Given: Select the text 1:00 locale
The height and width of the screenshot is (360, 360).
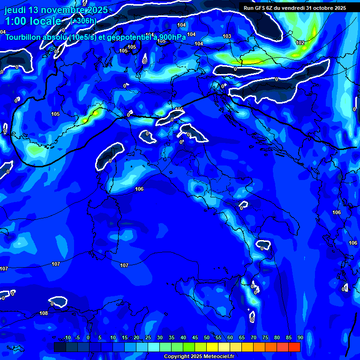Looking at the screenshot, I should click(33, 21).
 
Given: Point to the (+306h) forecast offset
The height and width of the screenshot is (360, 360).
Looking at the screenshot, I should click(84, 21).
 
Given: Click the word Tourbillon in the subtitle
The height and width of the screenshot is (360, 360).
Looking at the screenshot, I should click(24, 37).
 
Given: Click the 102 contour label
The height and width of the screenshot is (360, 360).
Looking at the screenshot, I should click(300, 43).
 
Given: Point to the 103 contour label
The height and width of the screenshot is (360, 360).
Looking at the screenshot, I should click(227, 36).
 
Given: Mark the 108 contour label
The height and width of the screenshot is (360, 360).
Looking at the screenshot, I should click(44, 313).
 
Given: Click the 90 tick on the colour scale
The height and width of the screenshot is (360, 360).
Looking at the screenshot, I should click(300, 338).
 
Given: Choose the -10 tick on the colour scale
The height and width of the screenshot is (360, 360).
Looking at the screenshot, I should click(67, 338).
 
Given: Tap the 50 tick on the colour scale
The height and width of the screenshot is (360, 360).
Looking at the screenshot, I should click(207, 338).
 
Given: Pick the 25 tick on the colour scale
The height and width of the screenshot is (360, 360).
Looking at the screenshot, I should click(148, 338).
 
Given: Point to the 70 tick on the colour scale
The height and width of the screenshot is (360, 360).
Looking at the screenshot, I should click(254, 338).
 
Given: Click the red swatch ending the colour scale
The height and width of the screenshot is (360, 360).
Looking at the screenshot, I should click(294, 347).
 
